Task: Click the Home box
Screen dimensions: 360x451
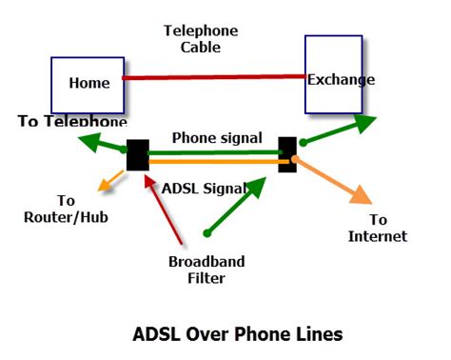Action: (x=88, y=83)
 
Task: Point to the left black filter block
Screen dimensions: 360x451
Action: (x=138, y=156)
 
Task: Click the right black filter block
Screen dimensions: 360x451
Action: (x=287, y=153)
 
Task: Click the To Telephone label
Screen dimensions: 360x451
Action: (x=72, y=122)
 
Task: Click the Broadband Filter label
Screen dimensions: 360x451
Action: (x=206, y=270)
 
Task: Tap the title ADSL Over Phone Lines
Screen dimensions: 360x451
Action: (x=237, y=334)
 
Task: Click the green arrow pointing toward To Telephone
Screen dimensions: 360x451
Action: (x=101, y=144)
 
